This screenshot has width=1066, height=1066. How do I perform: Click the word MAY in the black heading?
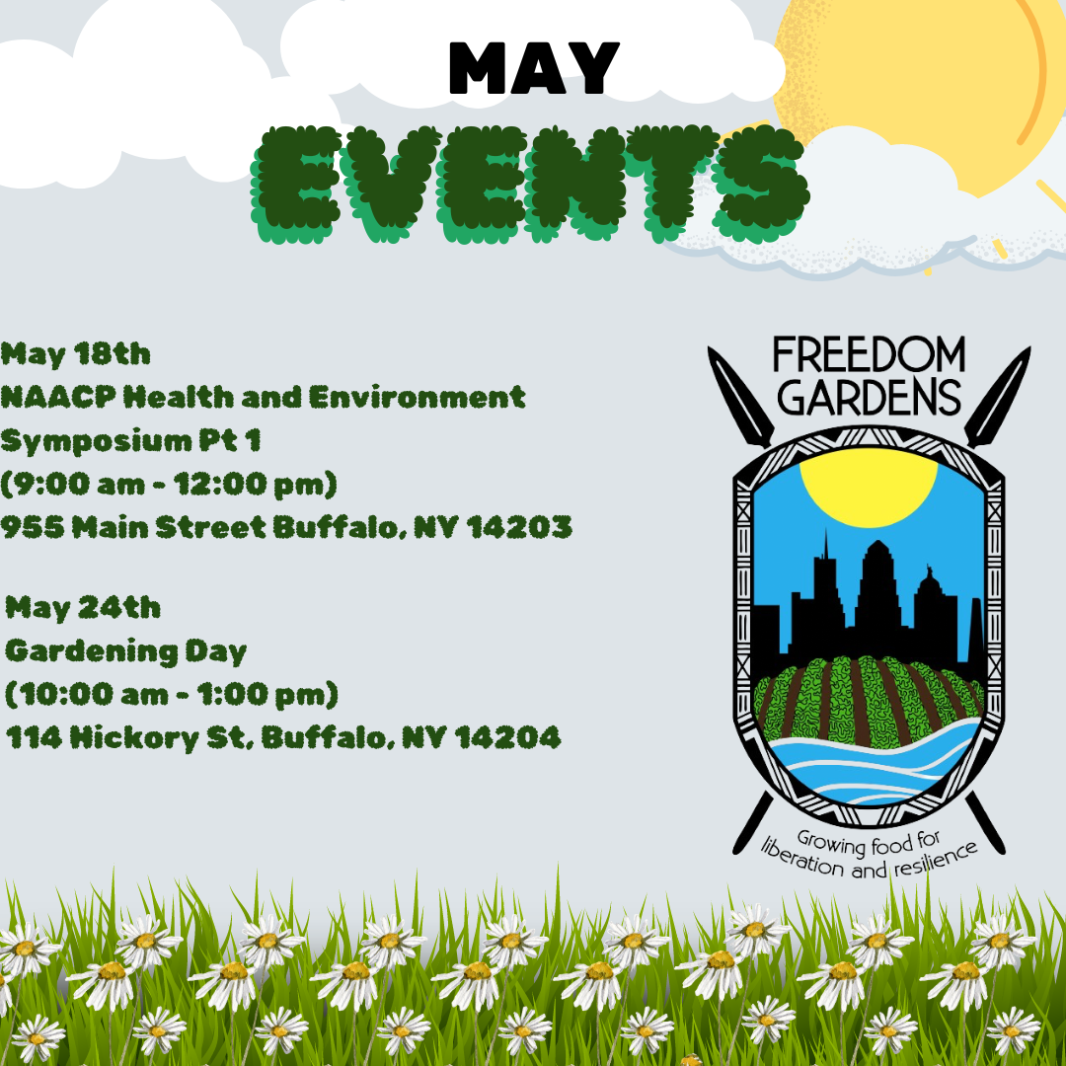[534, 69]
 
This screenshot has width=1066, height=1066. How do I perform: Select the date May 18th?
[76, 353]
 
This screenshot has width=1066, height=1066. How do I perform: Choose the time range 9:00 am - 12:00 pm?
[170, 484]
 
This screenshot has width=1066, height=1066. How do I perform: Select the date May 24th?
[83, 607]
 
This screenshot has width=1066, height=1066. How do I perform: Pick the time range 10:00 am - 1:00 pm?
[172, 695]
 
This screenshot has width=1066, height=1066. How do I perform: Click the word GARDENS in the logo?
[869, 398]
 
